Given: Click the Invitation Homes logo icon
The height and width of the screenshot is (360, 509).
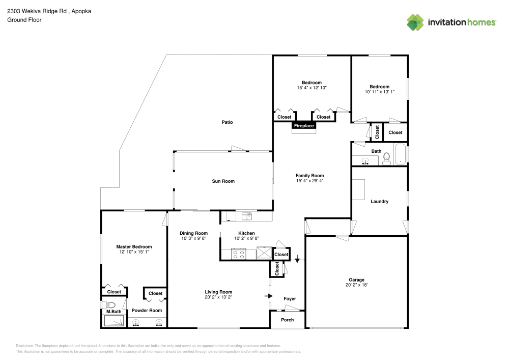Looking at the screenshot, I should pyautogui.click(x=415, y=22).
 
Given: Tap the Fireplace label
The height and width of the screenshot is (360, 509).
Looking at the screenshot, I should pyautogui.click(x=304, y=125).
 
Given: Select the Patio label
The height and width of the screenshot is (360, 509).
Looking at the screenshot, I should pyautogui.click(x=227, y=122).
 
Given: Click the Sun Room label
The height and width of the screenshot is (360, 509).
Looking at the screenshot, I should pyautogui.click(x=223, y=181).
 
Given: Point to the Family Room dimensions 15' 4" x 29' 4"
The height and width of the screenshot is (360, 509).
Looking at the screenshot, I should pyautogui.click(x=309, y=181).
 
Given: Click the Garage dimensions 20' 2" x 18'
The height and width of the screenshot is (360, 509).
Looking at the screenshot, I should pyautogui.click(x=356, y=285).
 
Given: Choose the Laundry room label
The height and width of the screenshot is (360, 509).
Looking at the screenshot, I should pyautogui.click(x=379, y=202).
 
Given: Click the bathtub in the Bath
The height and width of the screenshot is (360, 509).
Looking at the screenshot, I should pyautogui.click(x=401, y=155).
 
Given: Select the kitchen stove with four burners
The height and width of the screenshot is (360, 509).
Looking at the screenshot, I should pyautogui.click(x=238, y=253).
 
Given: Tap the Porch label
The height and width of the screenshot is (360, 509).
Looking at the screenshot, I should pyautogui.click(x=288, y=320).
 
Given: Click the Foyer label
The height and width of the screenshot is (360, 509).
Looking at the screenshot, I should pyautogui.click(x=289, y=299).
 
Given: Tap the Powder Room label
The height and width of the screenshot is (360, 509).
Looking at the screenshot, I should pyautogui.click(x=147, y=311).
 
